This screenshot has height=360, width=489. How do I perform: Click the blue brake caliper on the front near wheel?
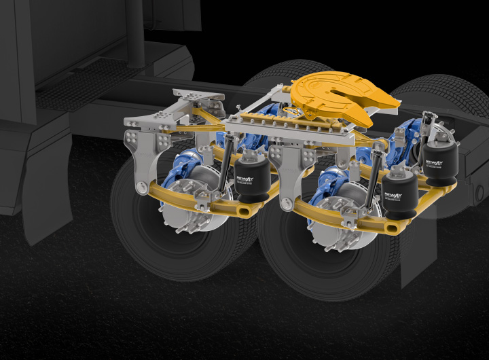[182, 166]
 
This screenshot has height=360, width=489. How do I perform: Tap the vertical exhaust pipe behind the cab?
[137, 34]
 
